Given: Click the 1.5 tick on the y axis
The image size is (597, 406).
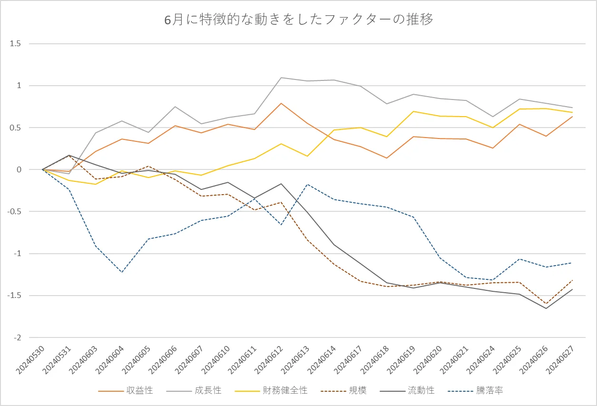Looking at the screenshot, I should point(16,44).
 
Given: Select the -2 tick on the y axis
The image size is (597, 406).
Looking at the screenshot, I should point(17,337).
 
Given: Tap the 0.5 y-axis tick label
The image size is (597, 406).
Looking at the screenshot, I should point(16,128).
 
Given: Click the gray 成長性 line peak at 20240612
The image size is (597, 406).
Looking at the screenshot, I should point(281,78).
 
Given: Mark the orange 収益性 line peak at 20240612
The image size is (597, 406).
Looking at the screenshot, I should point(281,103).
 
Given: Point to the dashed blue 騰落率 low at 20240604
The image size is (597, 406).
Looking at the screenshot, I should point(122,272).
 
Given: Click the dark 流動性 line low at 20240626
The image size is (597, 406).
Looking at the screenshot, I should point(546,308).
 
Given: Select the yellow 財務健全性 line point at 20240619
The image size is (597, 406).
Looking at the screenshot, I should point(413,111).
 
